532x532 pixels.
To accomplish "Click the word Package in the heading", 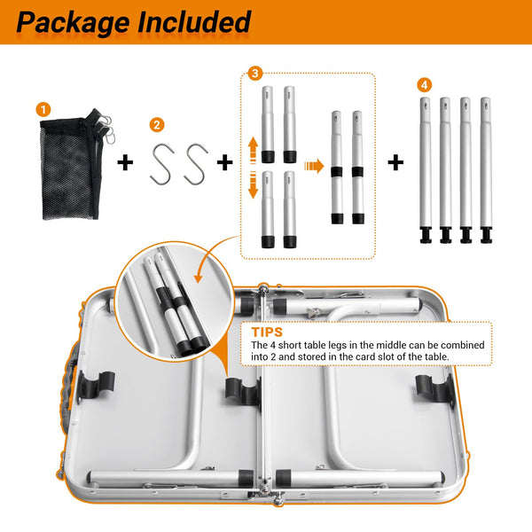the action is pos(73,23).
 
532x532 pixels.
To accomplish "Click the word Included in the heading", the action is pos(194,21).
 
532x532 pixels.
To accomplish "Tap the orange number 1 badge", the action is pos(43,110).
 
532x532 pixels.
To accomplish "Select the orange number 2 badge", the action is pos(157,125).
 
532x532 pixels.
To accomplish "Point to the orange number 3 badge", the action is pos(255,74).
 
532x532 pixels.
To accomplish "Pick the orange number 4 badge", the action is pos(425,85).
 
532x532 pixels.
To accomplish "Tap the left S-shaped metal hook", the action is pos(162,164).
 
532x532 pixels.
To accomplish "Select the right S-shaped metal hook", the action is pos(196,164).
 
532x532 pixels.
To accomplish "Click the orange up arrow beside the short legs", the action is pos(253,151).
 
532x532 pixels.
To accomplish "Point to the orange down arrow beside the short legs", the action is pos(253,185).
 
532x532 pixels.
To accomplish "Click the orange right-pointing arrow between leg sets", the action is pos(314,166).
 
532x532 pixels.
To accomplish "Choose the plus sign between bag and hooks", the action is pos(125,162).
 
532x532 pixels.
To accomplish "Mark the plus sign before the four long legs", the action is pos(395,162).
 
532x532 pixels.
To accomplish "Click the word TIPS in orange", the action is pos(267,332).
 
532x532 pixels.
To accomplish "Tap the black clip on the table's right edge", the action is pos(434,387).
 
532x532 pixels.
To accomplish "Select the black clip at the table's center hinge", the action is pos(243,391).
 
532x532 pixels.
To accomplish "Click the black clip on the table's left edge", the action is pos(97,386).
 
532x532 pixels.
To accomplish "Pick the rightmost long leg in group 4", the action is pos(486,170).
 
